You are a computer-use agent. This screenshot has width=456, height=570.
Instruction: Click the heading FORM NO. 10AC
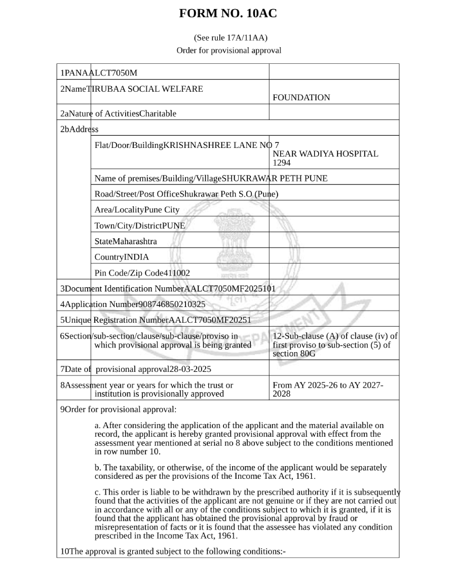point(228,14)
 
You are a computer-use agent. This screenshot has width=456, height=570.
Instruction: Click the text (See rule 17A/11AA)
point(231,37)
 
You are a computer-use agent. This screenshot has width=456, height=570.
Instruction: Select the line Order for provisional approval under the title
point(229,50)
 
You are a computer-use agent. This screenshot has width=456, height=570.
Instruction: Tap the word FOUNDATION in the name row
point(301,97)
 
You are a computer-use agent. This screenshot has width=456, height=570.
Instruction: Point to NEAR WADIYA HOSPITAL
point(325,154)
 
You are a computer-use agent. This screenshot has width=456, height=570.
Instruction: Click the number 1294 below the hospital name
point(282,163)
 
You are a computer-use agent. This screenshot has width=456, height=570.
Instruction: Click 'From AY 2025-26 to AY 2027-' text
point(328,385)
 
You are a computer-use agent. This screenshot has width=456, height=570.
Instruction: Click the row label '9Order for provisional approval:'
point(118,409)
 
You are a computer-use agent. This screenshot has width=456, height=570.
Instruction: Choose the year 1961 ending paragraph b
point(305,476)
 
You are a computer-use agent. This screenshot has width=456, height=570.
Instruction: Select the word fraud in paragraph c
point(346,518)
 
